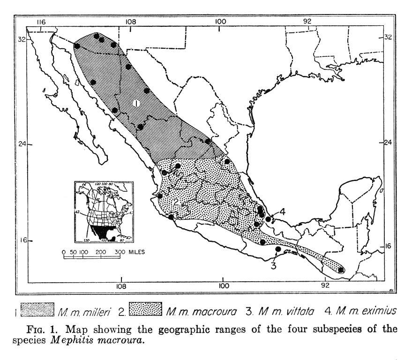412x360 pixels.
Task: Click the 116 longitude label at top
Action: tap(41, 22)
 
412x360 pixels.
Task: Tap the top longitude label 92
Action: tap(307, 22)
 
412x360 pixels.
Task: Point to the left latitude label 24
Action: tap(22, 144)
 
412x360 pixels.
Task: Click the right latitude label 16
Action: tap(388, 246)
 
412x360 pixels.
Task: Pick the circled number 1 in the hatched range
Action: tap(136, 103)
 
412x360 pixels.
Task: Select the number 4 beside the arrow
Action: tap(283, 212)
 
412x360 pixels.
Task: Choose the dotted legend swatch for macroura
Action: tap(146, 310)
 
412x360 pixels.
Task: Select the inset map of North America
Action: tap(103, 211)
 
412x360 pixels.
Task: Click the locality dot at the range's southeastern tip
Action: tap(342, 270)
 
